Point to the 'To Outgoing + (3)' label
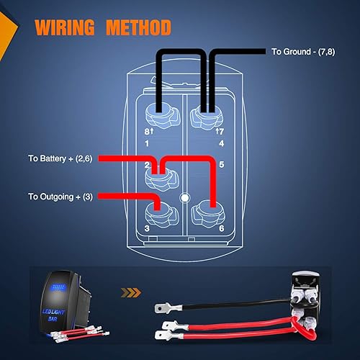tap(62, 196)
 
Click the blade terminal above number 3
tap(154, 212)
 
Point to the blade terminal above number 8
tap(154, 113)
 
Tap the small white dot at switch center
tap(184, 197)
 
